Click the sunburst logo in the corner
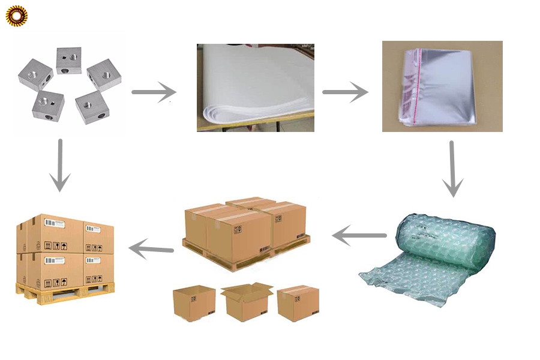(x=16, y=16)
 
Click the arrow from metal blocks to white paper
(x=154, y=92)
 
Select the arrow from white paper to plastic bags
(x=344, y=92)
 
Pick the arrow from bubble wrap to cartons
(x=359, y=236)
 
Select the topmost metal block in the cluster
(x=69, y=60)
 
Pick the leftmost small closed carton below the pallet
(x=194, y=303)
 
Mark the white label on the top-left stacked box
(x=56, y=224)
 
